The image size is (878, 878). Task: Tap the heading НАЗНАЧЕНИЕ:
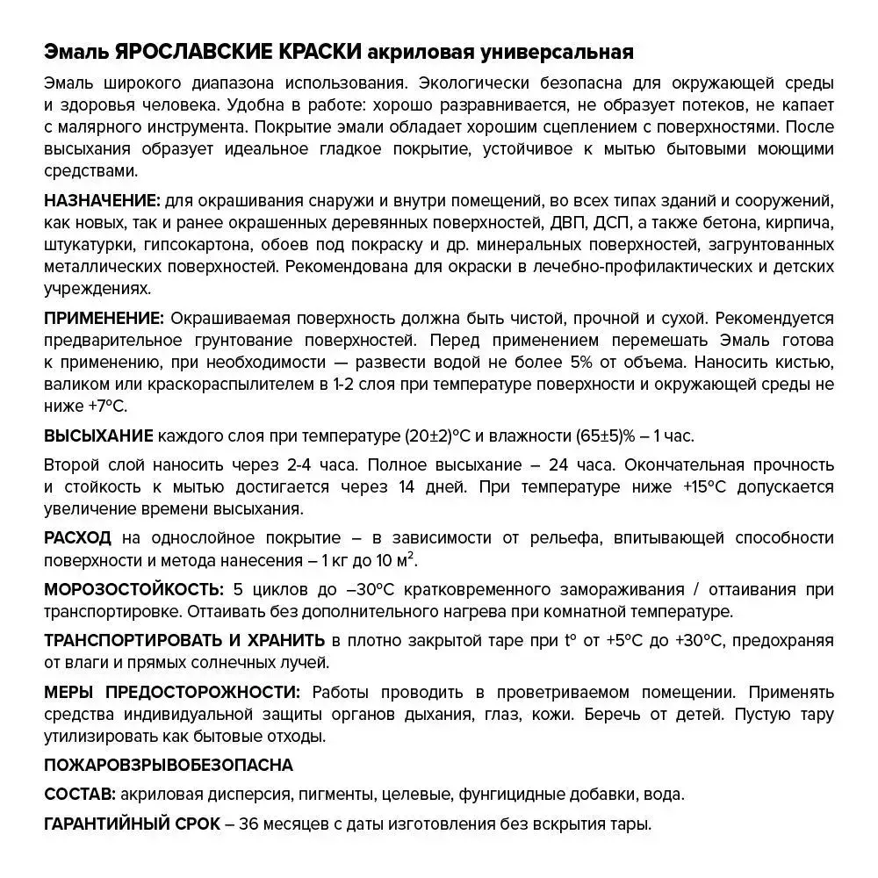[102, 200]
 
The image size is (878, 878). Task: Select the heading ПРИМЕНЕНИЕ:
[104, 318]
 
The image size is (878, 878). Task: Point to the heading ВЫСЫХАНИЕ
[98, 436]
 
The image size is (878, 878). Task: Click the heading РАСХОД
[77, 538]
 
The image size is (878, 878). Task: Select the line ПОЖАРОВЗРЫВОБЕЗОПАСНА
[169, 766]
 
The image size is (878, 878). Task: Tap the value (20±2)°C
[444, 436]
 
